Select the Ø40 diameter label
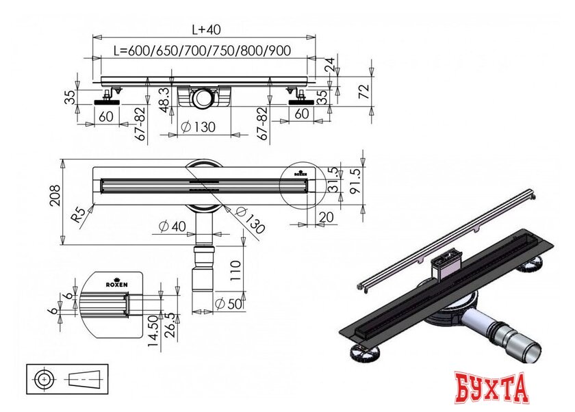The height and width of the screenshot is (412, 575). coord(172,227)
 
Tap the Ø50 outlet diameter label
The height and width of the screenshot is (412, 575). coord(230,303)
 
